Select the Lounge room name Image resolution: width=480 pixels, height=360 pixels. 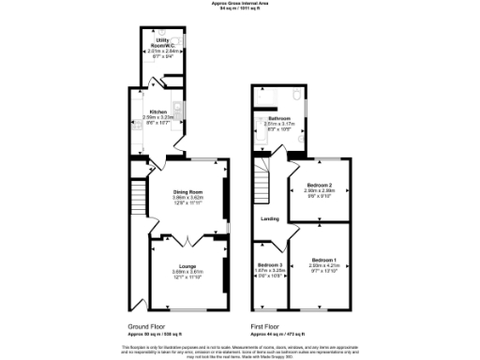click(187, 266)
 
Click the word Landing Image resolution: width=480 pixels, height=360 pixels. click(269, 220)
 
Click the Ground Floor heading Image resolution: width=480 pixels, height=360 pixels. click(148, 327)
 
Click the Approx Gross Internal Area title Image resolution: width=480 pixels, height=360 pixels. click(240, 4)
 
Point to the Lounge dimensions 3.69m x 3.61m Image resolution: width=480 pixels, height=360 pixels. click(187, 272)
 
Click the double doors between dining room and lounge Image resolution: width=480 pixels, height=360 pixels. click(187, 239)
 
